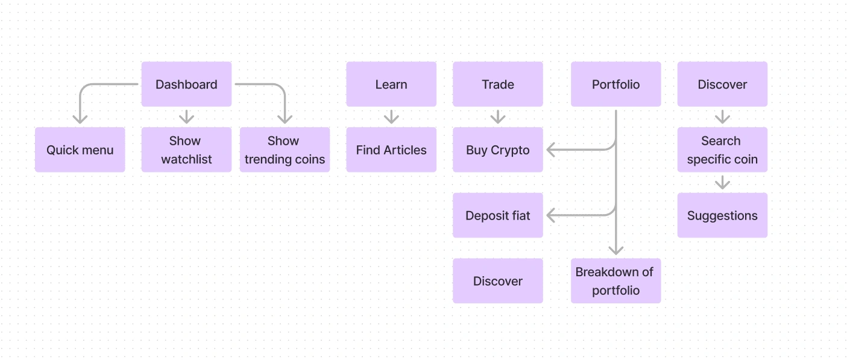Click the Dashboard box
coord(186,84)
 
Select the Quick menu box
coord(80,150)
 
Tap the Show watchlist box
coord(186,150)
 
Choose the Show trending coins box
coord(285,150)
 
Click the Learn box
coord(391,84)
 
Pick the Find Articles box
coord(391,150)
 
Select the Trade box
coord(498,84)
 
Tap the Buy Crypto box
coord(498,150)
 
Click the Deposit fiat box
coord(498,215)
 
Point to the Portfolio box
coord(616,84)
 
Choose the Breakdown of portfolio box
coord(616,281)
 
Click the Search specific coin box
coord(723,150)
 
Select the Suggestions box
coord(723,215)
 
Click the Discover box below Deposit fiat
coord(498,281)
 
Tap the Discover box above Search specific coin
coord(723,84)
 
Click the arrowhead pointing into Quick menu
coord(80,119)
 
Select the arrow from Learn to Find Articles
coord(391,117)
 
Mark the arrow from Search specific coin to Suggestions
coord(723,182)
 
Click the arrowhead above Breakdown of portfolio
coord(616,250)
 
